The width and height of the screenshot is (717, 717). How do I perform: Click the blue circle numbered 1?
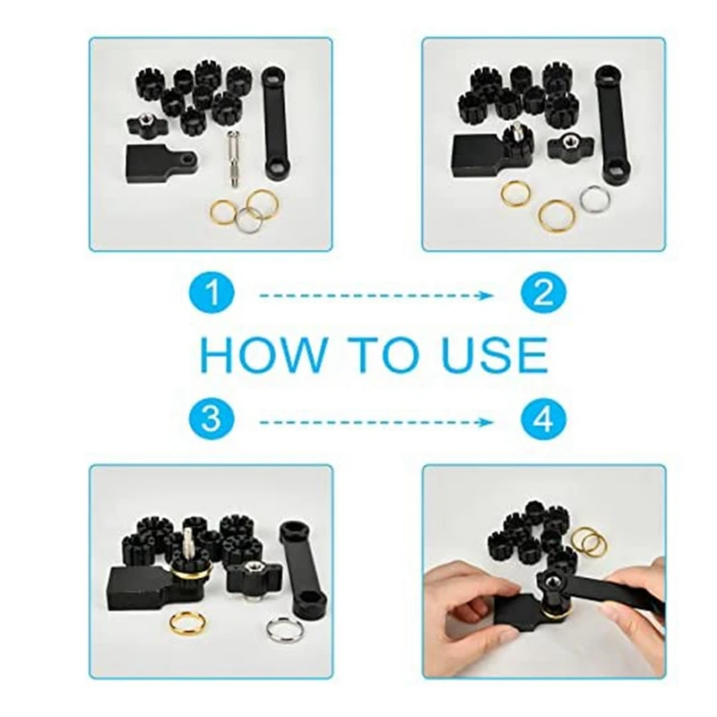(x=212, y=293)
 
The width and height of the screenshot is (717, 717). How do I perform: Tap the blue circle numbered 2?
(x=543, y=293)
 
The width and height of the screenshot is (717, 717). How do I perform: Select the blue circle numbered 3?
(x=212, y=419)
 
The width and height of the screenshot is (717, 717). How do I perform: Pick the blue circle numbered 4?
(x=543, y=419)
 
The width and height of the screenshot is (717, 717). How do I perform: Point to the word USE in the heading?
(x=495, y=355)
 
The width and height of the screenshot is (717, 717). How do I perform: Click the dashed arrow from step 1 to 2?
(x=376, y=296)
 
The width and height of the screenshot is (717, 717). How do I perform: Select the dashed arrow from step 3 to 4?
(x=376, y=421)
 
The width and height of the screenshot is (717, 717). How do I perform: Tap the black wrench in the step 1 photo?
(x=276, y=125)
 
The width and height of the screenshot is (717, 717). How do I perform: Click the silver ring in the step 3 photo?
(x=282, y=630)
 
